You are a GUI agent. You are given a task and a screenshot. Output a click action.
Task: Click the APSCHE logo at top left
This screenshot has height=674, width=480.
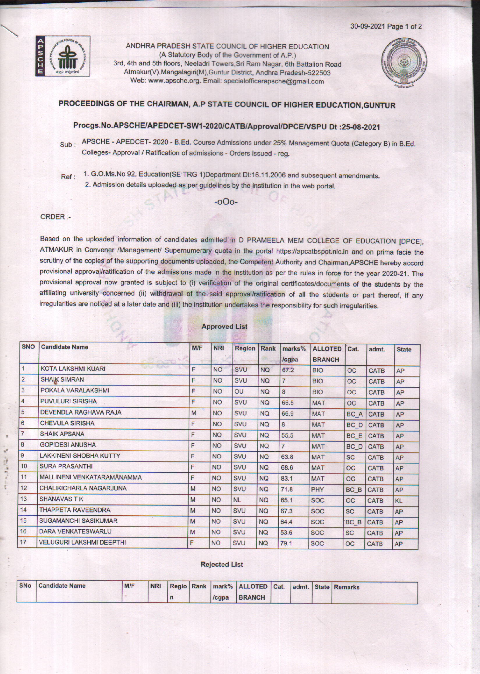pos(63,56)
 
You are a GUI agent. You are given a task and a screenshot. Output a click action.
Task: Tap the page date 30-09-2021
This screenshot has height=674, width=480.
pos(368,26)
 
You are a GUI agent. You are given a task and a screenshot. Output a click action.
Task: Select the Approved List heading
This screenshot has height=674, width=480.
pos(224,327)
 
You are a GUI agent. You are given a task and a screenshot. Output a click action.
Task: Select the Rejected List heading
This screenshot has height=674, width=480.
pos(222,564)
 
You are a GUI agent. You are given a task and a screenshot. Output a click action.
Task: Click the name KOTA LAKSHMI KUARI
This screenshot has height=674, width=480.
pos(73,369)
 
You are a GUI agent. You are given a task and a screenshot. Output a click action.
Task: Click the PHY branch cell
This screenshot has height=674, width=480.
pos(318,489)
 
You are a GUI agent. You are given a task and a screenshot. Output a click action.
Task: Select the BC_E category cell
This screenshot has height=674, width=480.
pos(354,436)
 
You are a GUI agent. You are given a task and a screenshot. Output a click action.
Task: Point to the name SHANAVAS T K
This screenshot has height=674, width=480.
pos(61,499)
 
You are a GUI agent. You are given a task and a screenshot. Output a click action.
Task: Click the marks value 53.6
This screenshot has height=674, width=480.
pos(286,533)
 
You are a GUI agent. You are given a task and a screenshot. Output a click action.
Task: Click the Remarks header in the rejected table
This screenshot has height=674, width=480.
pos(346,587)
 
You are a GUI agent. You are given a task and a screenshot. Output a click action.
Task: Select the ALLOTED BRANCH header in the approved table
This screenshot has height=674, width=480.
pos(327,354)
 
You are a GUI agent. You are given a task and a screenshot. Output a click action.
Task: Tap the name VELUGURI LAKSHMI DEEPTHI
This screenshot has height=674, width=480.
pos(83,542)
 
